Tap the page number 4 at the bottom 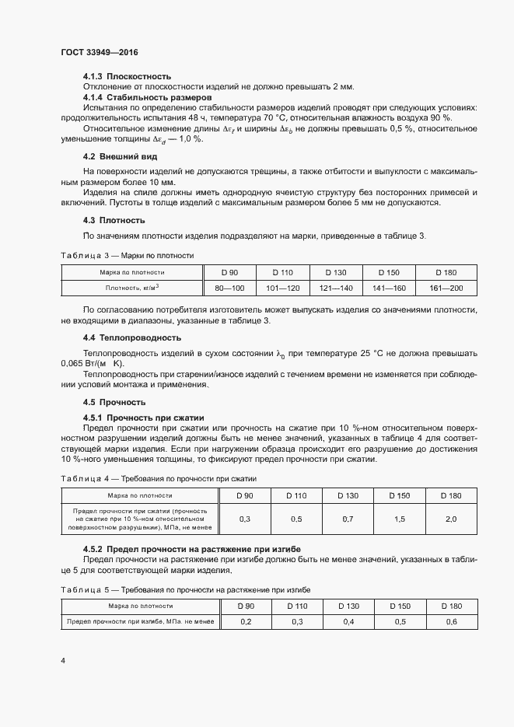click(x=63, y=661)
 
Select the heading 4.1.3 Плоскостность click(x=127, y=76)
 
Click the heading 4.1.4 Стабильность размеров click(x=147, y=98)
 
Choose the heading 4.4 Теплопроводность click(x=132, y=337)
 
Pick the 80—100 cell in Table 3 click(x=229, y=288)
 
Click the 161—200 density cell click(x=446, y=288)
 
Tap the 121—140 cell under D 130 click(x=336, y=288)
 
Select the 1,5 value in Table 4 click(x=400, y=519)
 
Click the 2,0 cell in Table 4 click(x=451, y=519)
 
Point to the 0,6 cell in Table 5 click(x=451, y=622)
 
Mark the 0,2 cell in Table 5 click(x=246, y=622)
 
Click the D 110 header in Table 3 click(x=283, y=272)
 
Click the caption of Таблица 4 click(x=159, y=478)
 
